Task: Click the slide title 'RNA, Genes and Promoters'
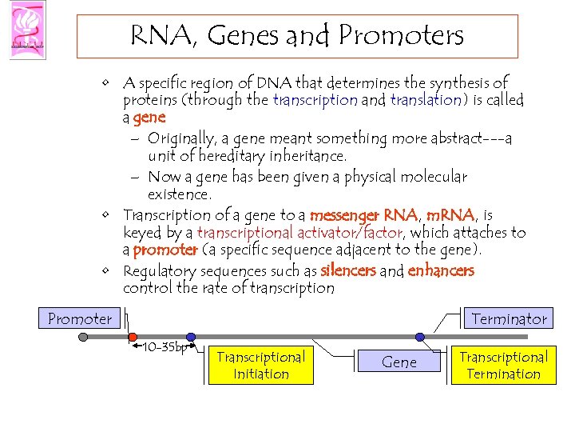[296, 36]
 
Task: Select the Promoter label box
[80, 318]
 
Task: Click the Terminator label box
[509, 318]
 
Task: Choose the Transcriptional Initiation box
[261, 366]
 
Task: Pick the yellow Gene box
[399, 362]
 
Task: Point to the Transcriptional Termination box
[503, 366]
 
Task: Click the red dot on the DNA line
[133, 338]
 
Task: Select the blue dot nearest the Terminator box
[420, 338]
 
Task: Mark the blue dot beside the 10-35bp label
[191, 338]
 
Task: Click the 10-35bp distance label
[164, 348]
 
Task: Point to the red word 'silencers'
[347, 271]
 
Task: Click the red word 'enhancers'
[440, 271]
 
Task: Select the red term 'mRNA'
[450, 215]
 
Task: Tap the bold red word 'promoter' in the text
[165, 250]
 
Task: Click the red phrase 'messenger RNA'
[363, 215]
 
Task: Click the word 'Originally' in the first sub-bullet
[183, 138]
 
